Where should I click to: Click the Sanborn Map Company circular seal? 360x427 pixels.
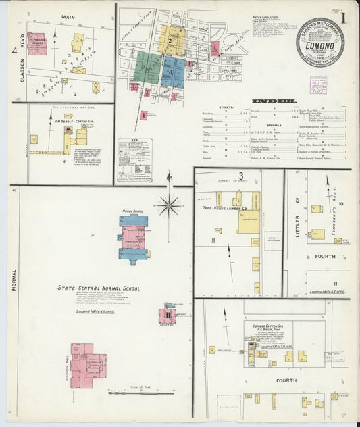(x=319, y=42)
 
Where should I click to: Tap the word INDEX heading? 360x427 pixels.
(x=274, y=101)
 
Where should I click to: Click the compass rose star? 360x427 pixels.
(x=168, y=203)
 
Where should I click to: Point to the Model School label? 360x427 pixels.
(x=133, y=211)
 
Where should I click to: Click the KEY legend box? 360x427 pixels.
(x=134, y=160)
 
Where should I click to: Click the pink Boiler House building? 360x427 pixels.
(x=166, y=315)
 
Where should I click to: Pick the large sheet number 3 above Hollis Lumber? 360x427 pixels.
(x=240, y=176)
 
